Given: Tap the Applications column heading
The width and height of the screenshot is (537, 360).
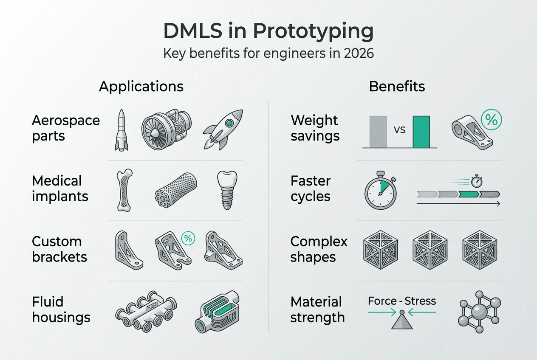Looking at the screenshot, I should click(141, 87).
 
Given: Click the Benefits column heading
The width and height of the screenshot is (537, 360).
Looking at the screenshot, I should click(397, 87).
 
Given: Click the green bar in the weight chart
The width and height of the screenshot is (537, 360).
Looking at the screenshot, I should click(421, 132).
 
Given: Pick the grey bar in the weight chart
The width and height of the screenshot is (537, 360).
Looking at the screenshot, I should click(378, 132).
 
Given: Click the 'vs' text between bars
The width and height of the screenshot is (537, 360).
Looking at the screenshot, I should click(399, 129).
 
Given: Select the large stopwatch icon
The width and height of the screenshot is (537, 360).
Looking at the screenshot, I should click(380, 191).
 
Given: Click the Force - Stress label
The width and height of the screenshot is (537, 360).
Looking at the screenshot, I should click(402, 301).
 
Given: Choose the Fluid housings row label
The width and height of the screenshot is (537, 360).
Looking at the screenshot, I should click(61, 309).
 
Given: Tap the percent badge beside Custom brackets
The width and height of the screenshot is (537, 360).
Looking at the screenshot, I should click(187, 239).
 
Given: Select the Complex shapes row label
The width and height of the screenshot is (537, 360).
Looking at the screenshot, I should click(319, 249).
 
